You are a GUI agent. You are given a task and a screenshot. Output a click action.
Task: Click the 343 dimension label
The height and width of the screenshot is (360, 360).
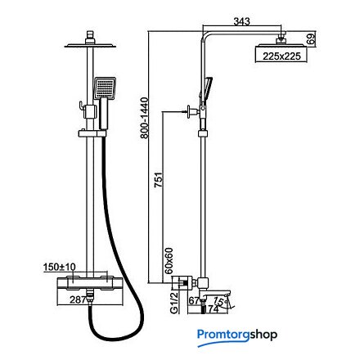coord(241,21)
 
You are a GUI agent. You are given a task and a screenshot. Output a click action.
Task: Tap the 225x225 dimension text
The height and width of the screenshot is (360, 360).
coord(281,56)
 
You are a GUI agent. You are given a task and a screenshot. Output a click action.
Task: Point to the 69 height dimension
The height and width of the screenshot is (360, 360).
coord(311,38)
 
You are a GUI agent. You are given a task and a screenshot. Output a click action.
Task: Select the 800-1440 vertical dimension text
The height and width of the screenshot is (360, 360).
coord(144,118)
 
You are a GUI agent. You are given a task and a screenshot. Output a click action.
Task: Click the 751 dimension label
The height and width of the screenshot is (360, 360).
coord(159,179)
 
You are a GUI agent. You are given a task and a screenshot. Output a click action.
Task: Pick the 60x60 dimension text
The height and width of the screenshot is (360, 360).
coord(169,261)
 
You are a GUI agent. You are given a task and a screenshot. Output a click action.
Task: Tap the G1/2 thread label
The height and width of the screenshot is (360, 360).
coord(174,302)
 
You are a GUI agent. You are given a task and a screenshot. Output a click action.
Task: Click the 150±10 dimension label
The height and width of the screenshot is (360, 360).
coord(60,267)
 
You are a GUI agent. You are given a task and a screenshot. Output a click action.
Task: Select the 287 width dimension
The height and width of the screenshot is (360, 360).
coord(78,299)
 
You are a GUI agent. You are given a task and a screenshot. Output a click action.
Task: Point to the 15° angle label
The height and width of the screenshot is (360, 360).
coord(219,302)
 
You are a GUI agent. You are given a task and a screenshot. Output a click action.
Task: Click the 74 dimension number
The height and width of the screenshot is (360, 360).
coord(214,309)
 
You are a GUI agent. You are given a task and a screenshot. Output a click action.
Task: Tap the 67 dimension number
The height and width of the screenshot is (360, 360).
coord(195,301)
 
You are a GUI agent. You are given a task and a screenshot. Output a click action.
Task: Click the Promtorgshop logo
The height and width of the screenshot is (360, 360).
coord(237,336)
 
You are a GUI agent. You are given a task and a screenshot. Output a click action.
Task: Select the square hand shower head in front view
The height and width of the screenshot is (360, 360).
coord(105,88)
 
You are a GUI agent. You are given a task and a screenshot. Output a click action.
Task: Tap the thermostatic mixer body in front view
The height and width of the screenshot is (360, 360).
coord(91,284)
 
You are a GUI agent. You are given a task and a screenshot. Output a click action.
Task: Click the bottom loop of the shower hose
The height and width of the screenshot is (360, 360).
coord(116,333)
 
